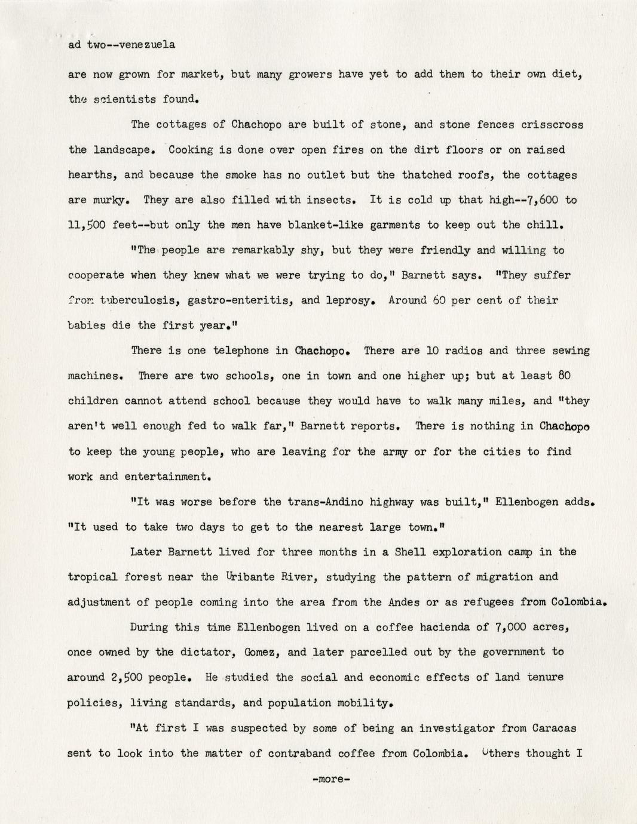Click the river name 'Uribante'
click(x=250, y=577)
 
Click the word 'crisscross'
click(x=552, y=125)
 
